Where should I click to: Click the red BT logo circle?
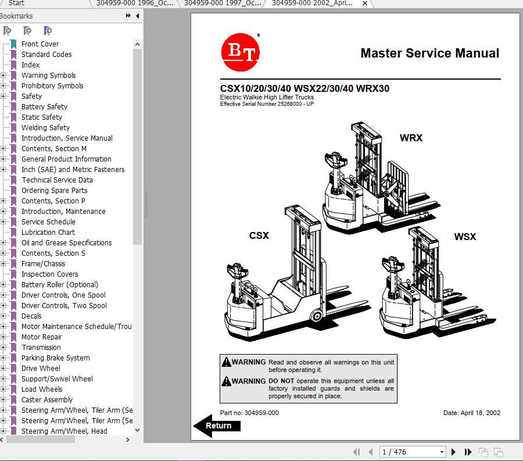tap(240, 52)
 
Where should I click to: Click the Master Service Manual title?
tap(429, 53)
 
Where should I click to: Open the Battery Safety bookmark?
tap(44, 107)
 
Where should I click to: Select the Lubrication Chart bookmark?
tap(48, 233)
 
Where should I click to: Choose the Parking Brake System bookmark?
tap(55, 358)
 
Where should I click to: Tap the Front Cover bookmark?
tap(40, 44)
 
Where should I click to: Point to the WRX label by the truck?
tap(411, 138)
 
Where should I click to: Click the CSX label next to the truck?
tap(259, 235)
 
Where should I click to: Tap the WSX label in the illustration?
tap(465, 237)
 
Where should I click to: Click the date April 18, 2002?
tap(471, 413)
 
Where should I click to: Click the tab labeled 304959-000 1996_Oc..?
tap(134, 3)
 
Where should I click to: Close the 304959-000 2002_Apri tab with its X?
tap(365, 3)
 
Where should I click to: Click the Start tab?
tap(16, 3)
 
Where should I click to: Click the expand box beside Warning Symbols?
tap(3, 76)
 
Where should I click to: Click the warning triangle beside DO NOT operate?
tap(226, 381)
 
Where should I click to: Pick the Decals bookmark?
tap(31, 316)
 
